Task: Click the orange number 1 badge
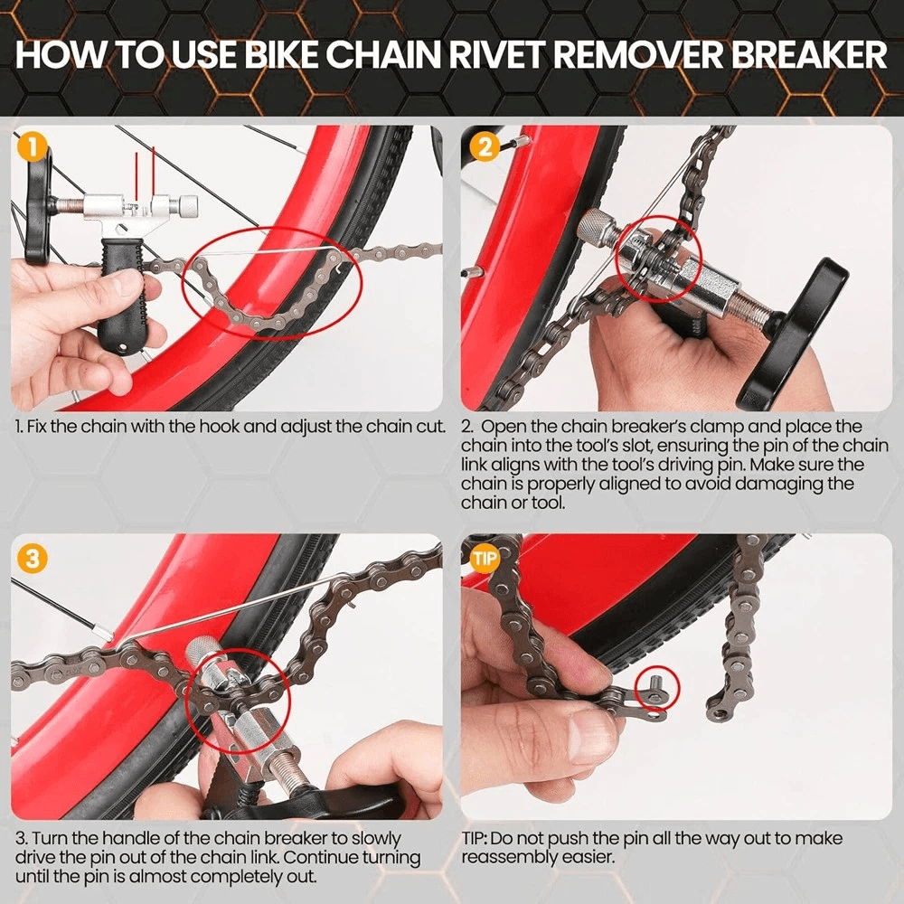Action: (x=33, y=147)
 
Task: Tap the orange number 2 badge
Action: (x=485, y=147)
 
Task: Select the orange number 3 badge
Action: (x=33, y=558)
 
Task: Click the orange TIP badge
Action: (x=485, y=558)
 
